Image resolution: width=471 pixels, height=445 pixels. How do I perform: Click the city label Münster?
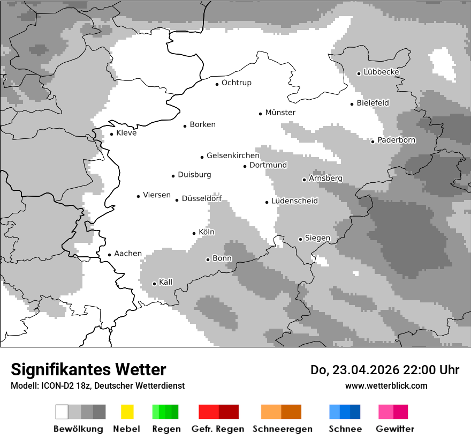click(x=280, y=113)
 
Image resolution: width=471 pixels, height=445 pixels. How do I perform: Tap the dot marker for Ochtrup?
click(x=217, y=84)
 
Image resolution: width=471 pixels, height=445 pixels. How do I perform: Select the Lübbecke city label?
click(x=381, y=72)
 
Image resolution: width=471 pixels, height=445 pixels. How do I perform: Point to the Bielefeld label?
click(x=373, y=102)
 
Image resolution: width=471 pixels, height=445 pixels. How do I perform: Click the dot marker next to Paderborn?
click(x=373, y=141)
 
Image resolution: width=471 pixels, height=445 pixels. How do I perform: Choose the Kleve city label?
click(x=126, y=133)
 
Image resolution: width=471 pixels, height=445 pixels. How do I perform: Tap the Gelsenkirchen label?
click(x=233, y=155)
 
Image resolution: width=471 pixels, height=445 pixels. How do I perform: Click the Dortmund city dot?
click(x=245, y=166)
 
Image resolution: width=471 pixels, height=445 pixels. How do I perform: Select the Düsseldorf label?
click(x=201, y=199)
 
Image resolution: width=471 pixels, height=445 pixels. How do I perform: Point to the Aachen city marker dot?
click(x=109, y=255)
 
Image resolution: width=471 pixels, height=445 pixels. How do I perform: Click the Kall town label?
click(x=166, y=282)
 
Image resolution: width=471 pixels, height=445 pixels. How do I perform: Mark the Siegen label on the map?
click(x=317, y=238)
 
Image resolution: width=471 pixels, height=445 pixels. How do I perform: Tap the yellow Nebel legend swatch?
click(x=127, y=412)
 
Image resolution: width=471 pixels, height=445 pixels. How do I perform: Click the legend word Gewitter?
click(x=394, y=429)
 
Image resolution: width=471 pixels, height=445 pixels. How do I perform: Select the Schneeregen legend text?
click(x=282, y=429)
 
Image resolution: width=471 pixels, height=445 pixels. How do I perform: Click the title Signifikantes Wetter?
click(x=88, y=369)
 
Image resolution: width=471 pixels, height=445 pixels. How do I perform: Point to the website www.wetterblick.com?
click(x=386, y=385)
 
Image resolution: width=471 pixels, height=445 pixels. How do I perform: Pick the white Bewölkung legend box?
click(x=62, y=412)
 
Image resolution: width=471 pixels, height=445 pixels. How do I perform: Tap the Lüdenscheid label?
click(x=294, y=201)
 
